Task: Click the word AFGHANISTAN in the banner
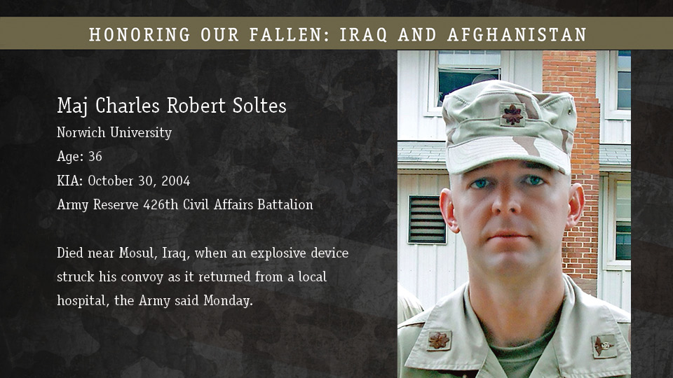[517, 35]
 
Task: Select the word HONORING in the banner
[140, 35]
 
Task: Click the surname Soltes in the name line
[259, 106]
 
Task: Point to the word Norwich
[81, 132]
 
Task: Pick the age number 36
[95, 156]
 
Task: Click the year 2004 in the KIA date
[175, 181]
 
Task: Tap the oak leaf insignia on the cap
[512, 114]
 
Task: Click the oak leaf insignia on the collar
[438, 341]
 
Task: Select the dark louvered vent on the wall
[427, 219]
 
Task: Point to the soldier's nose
[505, 202]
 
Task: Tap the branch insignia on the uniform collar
[605, 345]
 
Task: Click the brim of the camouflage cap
[509, 154]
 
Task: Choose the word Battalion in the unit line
[285, 204]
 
